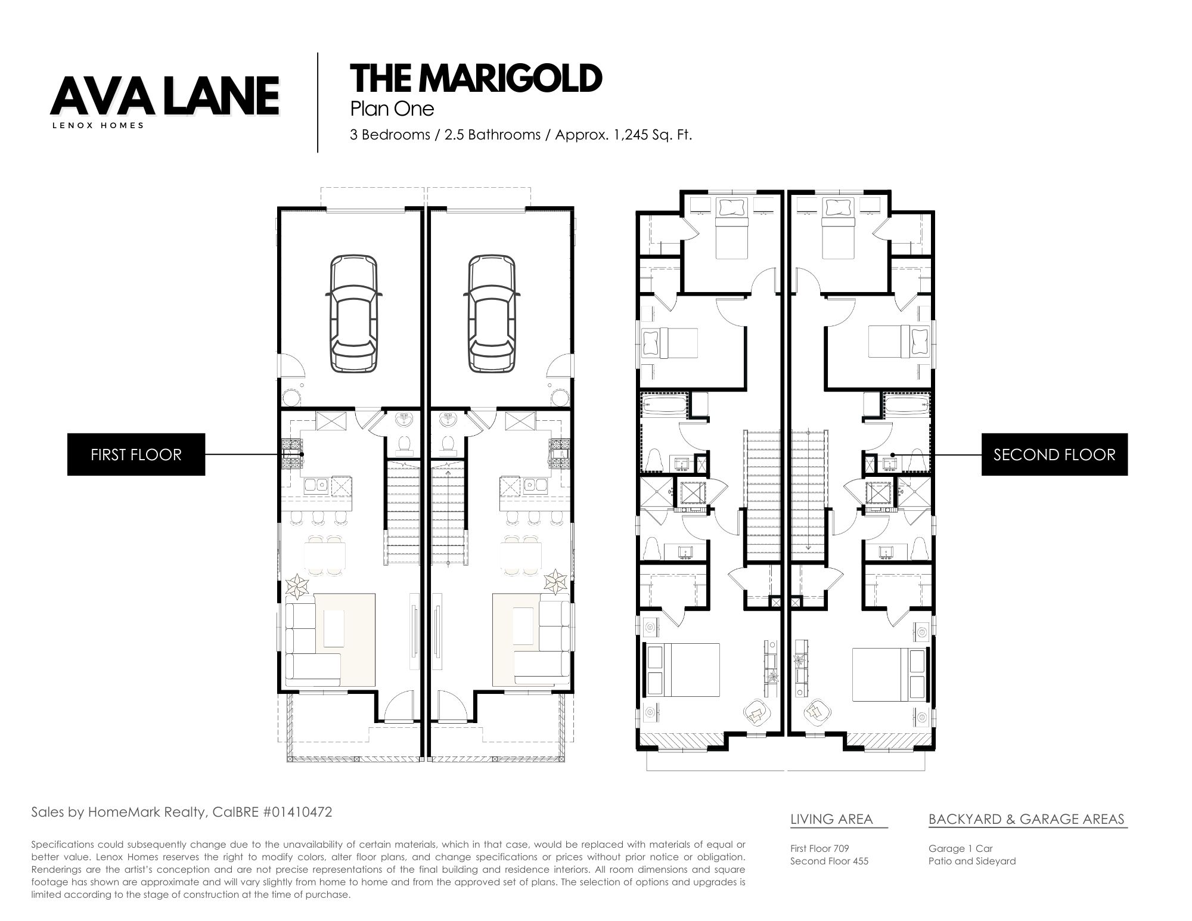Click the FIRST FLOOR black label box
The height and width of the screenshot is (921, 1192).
136,454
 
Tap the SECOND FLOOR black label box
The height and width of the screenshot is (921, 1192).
1054,454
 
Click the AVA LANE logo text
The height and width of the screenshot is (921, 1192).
165,95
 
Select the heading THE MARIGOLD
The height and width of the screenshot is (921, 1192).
476,78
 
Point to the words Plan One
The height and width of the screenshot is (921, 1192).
392,109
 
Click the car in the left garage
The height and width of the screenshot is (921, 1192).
354,313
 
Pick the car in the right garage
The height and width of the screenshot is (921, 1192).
492,313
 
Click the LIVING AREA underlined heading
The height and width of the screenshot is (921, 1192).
831,819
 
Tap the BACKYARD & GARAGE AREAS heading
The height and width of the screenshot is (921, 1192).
1026,819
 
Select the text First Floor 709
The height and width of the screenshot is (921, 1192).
819,848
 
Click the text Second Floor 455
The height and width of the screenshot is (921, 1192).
829,861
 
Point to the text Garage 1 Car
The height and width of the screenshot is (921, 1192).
960,848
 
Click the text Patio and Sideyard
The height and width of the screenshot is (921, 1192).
972,861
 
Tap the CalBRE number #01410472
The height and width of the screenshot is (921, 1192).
296,812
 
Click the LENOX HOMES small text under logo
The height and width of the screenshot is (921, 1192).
98,126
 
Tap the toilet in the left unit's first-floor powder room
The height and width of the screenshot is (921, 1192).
405,443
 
